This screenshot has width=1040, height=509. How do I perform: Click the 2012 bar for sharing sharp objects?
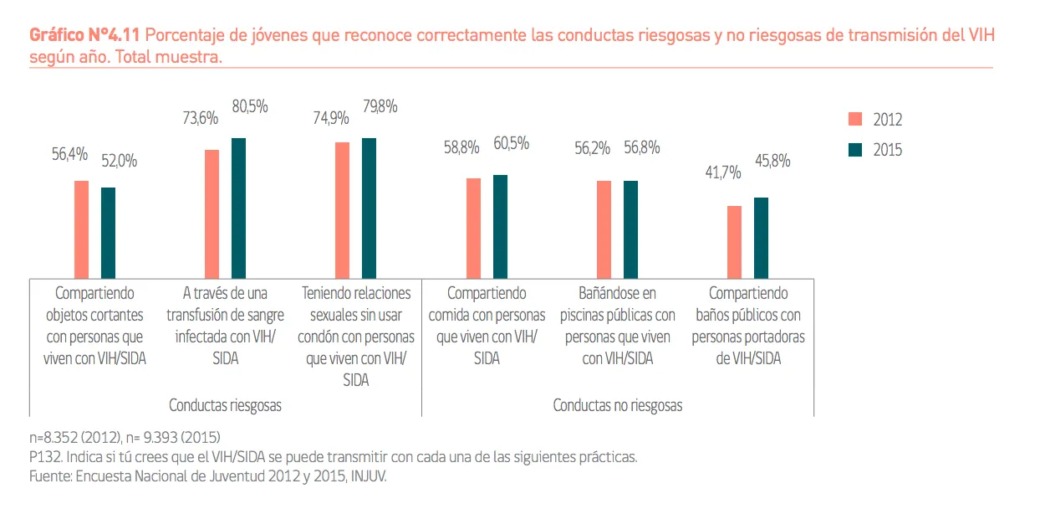click(x=81, y=229)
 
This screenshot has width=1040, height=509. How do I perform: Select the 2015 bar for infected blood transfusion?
click(x=238, y=208)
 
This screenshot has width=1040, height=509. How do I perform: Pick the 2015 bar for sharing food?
click(x=500, y=226)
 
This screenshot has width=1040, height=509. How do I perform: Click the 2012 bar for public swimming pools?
click(x=604, y=229)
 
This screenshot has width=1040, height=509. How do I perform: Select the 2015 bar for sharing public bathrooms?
click(x=761, y=237)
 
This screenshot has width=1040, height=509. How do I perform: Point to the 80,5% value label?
click(x=250, y=107)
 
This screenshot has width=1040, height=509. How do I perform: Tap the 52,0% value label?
click(x=120, y=161)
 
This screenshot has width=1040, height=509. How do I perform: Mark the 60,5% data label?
click(x=511, y=143)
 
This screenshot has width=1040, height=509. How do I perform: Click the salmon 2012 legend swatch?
click(x=855, y=120)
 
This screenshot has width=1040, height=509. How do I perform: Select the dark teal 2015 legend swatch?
click(x=855, y=151)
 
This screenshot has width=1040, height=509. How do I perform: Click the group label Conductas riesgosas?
click(x=225, y=405)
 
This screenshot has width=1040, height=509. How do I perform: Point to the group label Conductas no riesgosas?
click(x=618, y=405)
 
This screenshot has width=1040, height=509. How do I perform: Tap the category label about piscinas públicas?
click(x=619, y=326)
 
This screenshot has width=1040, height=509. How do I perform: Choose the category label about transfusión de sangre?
click(x=225, y=326)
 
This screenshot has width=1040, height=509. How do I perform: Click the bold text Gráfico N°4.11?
click(x=85, y=36)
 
